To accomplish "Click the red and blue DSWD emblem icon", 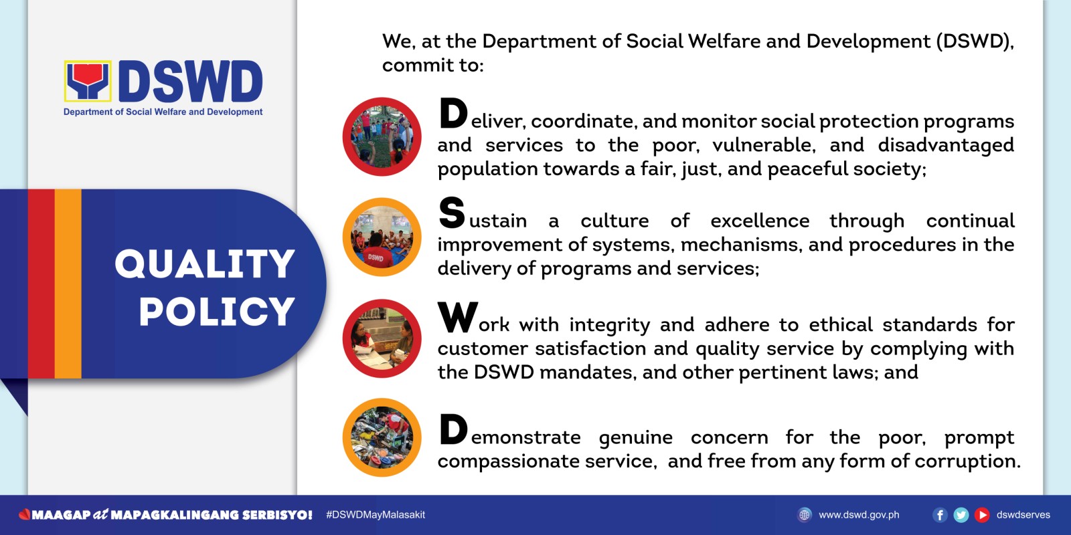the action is click(88, 81).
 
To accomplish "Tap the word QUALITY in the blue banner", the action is click(205, 263).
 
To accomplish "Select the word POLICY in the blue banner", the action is click(217, 312).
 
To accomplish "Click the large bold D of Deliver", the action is click(452, 113).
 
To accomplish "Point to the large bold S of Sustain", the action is click(452, 213).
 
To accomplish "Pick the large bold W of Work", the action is click(458, 316).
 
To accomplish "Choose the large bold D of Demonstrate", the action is click(452, 429).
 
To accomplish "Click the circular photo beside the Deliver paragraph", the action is click(382, 136).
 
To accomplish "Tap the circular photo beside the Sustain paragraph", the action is click(382, 237).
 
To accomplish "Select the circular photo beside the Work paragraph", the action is click(382, 338).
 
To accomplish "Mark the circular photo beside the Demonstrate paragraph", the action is click(382, 437).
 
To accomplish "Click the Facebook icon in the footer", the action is click(940, 515).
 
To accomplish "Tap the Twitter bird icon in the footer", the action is click(961, 515).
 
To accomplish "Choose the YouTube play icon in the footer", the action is click(982, 515).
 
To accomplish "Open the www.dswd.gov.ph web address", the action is click(859, 515).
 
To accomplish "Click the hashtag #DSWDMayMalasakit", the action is click(376, 515).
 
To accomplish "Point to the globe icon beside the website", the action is click(805, 515).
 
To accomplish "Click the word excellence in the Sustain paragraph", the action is click(760, 221).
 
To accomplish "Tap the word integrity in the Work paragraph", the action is click(610, 325).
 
